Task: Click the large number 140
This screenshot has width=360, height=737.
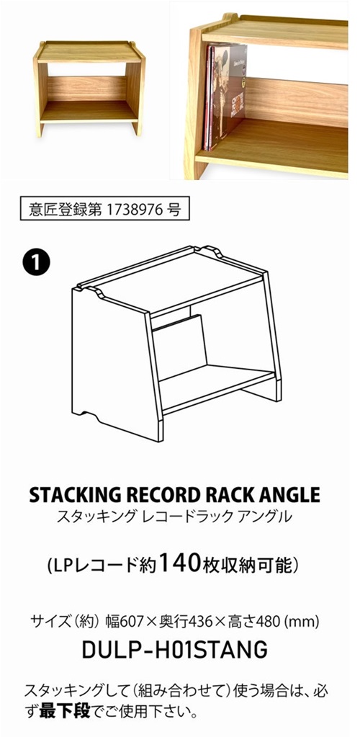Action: click(181, 563)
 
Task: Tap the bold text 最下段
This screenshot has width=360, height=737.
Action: click(64, 711)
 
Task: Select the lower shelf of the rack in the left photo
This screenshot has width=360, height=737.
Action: click(89, 112)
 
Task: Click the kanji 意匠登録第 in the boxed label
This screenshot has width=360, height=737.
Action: click(58, 209)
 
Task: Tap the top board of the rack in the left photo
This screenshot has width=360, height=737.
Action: click(89, 52)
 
